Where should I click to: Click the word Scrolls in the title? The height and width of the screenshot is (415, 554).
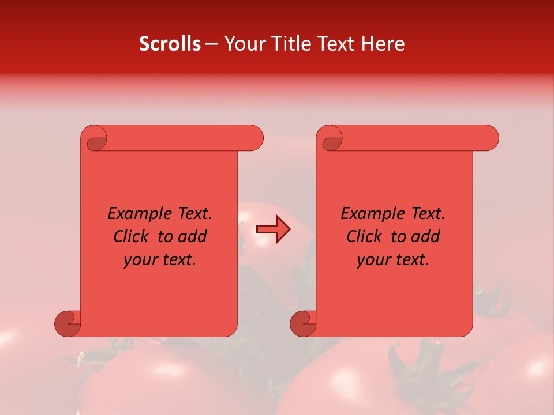coord(170,44)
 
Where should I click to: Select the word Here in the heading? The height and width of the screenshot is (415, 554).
coord(383,44)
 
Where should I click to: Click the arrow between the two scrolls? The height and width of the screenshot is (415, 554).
coord(273,229)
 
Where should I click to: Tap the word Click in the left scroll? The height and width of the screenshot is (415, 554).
coord(132,236)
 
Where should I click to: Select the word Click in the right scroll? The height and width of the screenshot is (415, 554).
coord(365,236)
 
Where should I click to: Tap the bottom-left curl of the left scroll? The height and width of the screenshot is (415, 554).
coord(68,323)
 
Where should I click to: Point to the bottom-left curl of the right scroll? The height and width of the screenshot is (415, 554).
coord(303,323)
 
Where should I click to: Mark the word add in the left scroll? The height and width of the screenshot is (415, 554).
coord(192,236)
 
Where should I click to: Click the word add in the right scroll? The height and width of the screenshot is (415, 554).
coord(425,236)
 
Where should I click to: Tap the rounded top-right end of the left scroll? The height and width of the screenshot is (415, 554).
coord(254,138)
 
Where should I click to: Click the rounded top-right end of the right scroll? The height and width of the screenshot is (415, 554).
coord(489,138)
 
